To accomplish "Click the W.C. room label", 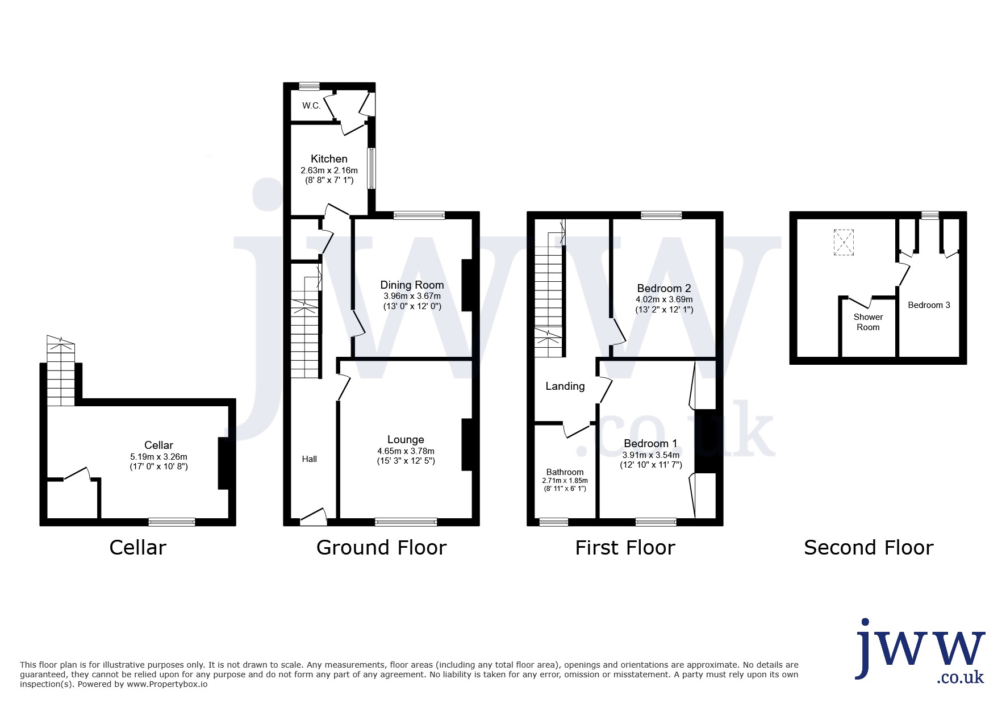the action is [311, 106].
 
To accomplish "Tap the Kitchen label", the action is [329, 159].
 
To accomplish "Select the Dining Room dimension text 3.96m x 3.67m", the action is [412, 296].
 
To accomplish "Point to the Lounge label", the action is [406, 439].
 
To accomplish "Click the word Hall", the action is [310, 459].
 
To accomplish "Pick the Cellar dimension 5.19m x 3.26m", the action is [158, 456].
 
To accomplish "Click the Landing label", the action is [565, 386].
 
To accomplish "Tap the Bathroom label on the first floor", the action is [565, 472].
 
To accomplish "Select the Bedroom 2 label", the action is [664, 288].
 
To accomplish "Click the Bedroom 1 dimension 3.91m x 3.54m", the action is [651, 455].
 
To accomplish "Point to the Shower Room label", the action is [868, 322].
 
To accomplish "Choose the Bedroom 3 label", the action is [929, 305].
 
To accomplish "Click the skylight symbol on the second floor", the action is [844, 242].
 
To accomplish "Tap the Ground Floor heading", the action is [381, 548].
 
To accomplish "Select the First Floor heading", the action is [625, 548].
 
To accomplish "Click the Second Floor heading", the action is [869, 548].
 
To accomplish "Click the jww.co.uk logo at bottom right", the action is [920, 651].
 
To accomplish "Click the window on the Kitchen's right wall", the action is [371, 168].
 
